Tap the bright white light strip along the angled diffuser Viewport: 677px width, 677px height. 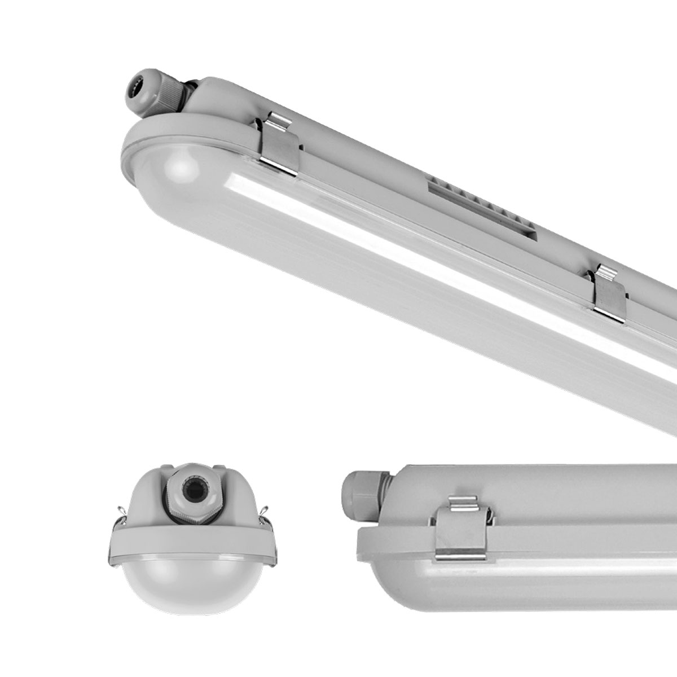(395, 237)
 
